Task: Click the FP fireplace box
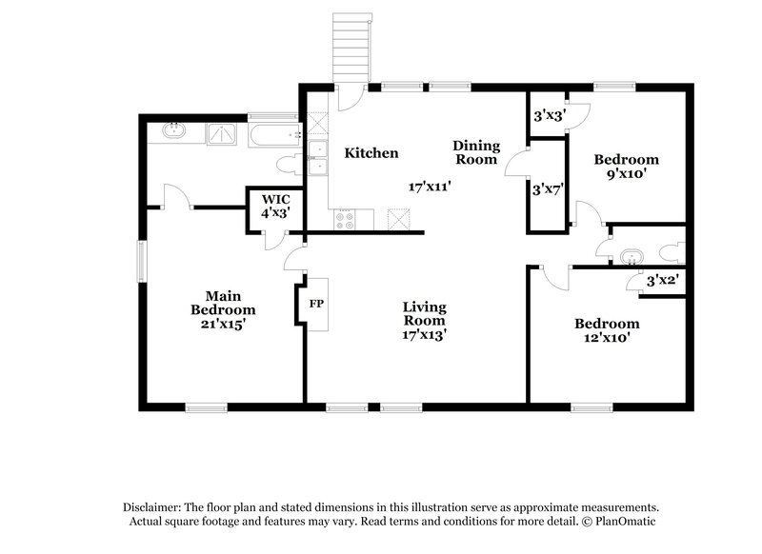316,305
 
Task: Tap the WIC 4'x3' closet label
276,207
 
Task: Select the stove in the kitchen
346,221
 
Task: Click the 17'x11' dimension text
429,187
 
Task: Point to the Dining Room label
475,152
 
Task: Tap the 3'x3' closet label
550,116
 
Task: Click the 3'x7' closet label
550,188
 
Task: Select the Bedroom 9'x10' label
626,167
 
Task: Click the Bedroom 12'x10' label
607,330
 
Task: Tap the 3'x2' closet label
662,282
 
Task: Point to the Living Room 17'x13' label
425,321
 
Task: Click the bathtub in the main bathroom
274,134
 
